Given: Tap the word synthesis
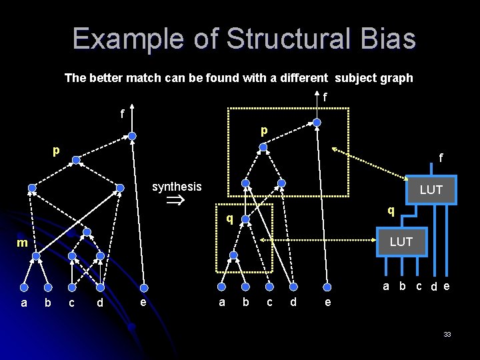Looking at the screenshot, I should [x=177, y=187].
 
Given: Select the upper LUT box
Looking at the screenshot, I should [x=431, y=189].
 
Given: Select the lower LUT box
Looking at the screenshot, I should [x=401, y=241].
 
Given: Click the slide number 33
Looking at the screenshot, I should [x=447, y=333].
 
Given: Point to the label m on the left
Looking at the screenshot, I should [x=22, y=243].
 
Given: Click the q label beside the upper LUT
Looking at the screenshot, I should [x=392, y=210].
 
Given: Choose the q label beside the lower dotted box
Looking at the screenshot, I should [x=229, y=218].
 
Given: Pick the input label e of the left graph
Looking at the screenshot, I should [x=143, y=302].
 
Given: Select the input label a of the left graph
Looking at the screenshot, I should [x=24, y=303].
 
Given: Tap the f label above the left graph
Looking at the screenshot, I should [x=122, y=113].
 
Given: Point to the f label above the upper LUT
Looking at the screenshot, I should [x=441, y=159].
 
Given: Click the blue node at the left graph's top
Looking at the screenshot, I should [x=132, y=136].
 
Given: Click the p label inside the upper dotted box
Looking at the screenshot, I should [x=264, y=131].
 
